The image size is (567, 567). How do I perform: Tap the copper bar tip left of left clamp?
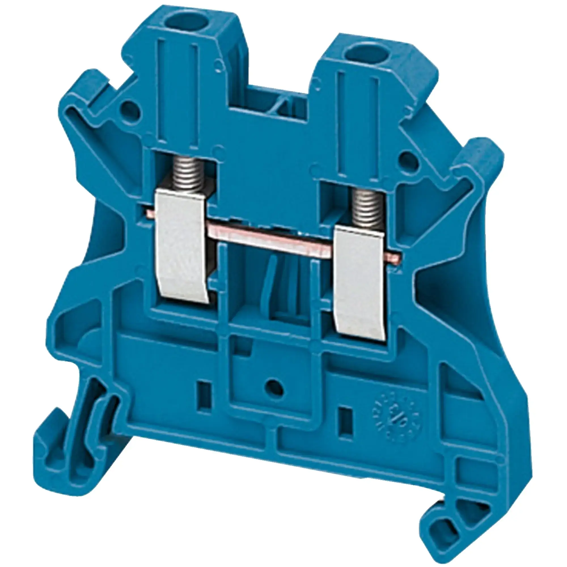point(147,209)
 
